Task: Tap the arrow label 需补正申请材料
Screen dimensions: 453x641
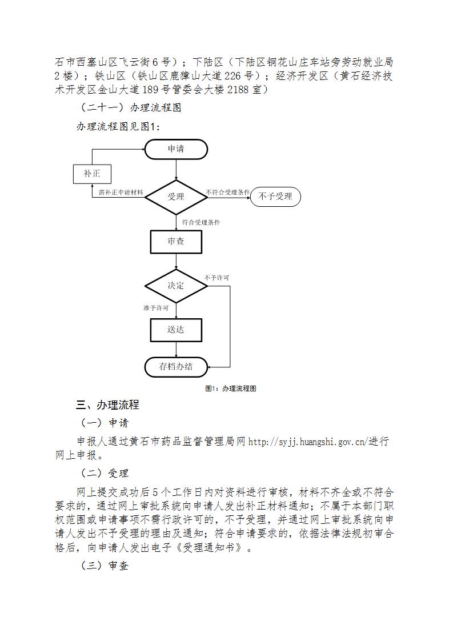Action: (x=121, y=192)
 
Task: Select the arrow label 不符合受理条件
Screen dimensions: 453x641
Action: (x=228, y=192)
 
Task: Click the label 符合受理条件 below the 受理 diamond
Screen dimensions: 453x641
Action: (x=201, y=222)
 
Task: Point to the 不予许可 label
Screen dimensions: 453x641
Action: (x=217, y=278)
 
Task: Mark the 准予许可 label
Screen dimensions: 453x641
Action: (x=156, y=308)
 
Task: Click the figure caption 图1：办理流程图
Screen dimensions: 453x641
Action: (x=231, y=388)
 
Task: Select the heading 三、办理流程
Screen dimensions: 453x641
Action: (x=107, y=404)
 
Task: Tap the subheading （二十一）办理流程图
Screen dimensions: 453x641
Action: (x=129, y=107)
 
